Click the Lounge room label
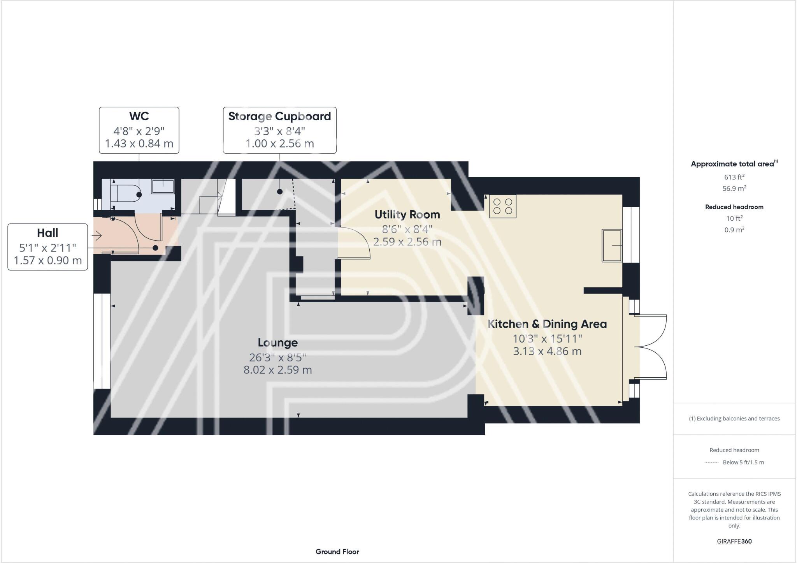[277, 343]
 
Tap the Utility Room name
[407, 215]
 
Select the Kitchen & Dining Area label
[547, 324]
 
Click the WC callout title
[139, 116]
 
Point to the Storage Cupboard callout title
[279, 116]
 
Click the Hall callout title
[47, 233]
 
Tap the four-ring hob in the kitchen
[502, 206]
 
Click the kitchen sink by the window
[611, 245]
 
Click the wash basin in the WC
[163, 186]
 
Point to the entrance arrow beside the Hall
[97, 236]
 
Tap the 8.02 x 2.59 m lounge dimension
[277, 370]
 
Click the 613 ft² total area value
[734, 177]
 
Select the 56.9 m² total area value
[734, 188]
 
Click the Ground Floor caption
[337, 552]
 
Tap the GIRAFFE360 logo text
[734, 541]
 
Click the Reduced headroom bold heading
[734, 207]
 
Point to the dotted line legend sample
[711, 463]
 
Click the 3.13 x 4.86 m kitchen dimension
[547, 351]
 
